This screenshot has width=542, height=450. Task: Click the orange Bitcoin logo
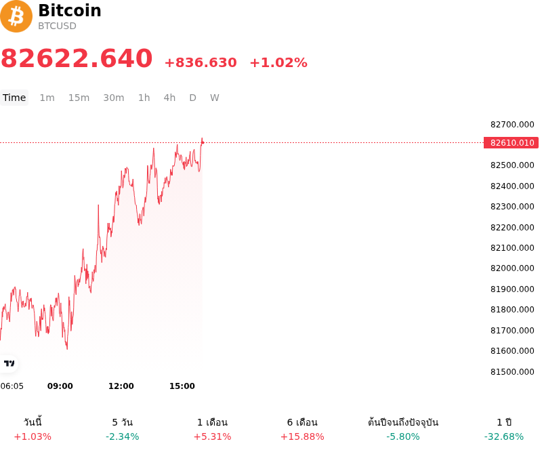tap(16, 16)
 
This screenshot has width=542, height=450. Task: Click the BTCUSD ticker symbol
tap(57, 26)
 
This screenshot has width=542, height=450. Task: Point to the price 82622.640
tap(77, 58)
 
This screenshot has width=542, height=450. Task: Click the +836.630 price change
tap(201, 62)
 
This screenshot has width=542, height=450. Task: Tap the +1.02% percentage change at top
tap(278, 62)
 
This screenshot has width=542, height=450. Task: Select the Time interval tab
tap(14, 98)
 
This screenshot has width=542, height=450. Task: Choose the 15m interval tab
tap(79, 98)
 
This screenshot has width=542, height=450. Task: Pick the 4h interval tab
tap(169, 98)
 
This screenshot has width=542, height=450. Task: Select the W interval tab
tap(215, 98)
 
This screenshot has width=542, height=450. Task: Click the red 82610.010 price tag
tap(511, 142)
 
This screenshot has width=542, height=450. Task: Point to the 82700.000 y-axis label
tap(512, 125)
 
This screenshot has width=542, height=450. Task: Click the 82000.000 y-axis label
tap(512, 268)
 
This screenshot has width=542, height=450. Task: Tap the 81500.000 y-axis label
tap(512, 372)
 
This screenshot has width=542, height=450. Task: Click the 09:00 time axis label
tap(60, 386)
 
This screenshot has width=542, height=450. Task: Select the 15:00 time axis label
tap(182, 386)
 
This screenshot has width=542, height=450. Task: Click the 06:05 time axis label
tap(12, 386)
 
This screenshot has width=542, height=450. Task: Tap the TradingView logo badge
tap(9, 363)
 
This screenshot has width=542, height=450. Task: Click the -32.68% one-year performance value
tap(504, 436)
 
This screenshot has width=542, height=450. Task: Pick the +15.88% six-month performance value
tap(302, 436)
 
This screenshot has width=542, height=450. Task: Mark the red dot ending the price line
tap(203, 142)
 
